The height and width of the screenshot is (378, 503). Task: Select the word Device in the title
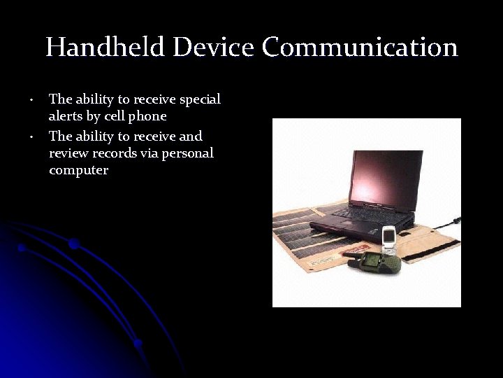coord(214,48)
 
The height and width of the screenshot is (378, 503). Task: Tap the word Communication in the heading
coord(360,48)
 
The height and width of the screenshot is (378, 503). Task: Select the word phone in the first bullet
coord(146,116)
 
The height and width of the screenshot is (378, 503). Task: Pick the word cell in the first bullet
coord(112,116)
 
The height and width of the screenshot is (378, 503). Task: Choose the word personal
coord(187,153)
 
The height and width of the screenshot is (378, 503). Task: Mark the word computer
coord(78,171)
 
